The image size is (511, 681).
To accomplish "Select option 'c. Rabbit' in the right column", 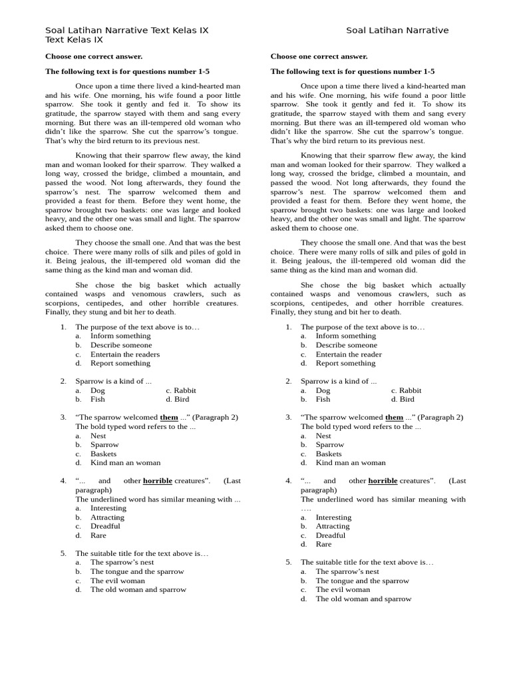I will coord(406,390).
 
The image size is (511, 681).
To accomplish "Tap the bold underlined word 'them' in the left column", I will coord(169,418).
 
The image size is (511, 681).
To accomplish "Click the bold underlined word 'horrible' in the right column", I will coord(383,481).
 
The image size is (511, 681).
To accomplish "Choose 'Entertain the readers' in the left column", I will coord(125,354).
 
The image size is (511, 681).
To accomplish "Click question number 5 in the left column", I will coord(63,553).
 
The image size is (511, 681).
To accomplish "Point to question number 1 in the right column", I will coord(289,327).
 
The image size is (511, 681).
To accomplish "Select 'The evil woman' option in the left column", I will coord(117,581).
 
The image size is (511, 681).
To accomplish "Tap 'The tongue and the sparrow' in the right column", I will coord(362,581).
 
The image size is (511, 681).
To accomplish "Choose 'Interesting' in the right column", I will coord(333,517).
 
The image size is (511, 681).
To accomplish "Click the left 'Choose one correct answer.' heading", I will coord(94,57).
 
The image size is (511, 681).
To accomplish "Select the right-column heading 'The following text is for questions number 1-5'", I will coord(352,72).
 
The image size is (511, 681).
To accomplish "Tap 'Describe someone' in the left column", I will coord(121,345).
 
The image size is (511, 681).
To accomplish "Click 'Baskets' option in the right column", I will coord(329,454).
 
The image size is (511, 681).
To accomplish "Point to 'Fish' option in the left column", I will coord(98,400).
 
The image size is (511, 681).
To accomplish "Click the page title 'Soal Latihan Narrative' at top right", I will coord(397,31).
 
